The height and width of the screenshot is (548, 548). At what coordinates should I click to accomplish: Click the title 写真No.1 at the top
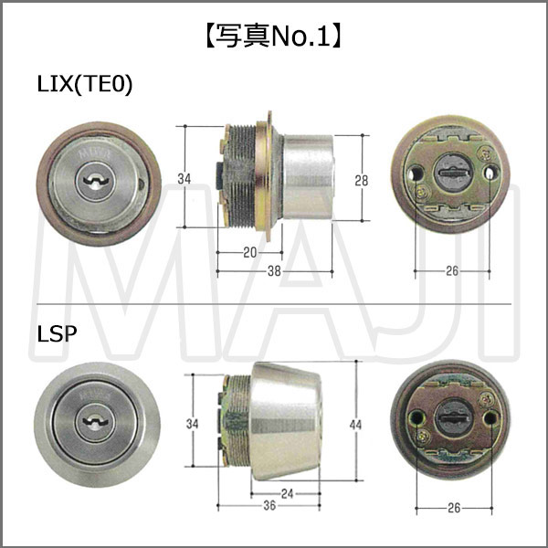(x=273, y=37)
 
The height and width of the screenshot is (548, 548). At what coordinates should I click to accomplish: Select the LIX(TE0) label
(x=85, y=85)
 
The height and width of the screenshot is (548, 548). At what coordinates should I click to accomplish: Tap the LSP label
(x=57, y=333)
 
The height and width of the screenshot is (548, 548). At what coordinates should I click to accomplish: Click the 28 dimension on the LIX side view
(x=362, y=181)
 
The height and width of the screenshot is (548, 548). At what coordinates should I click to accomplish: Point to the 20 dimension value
(x=250, y=252)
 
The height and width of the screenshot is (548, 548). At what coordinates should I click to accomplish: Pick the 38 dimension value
(x=274, y=271)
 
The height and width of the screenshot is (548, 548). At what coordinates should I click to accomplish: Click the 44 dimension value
(x=356, y=425)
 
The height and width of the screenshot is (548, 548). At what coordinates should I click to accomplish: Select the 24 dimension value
(x=288, y=493)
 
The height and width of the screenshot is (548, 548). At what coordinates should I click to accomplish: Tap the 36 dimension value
(x=269, y=505)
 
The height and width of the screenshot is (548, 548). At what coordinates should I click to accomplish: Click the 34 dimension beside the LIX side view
(x=184, y=179)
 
